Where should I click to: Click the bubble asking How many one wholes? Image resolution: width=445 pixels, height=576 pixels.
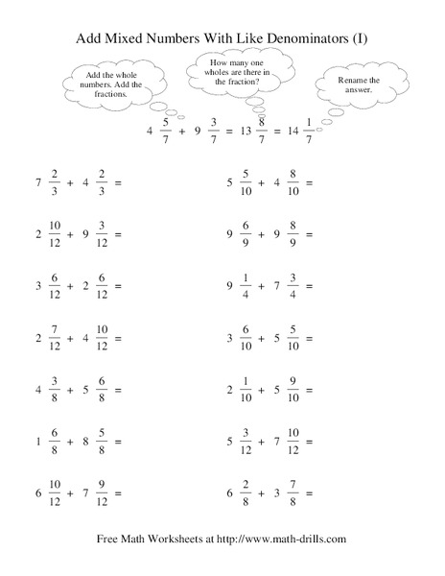click(236, 73)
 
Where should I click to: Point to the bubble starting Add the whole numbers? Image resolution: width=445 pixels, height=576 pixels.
click(113, 82)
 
